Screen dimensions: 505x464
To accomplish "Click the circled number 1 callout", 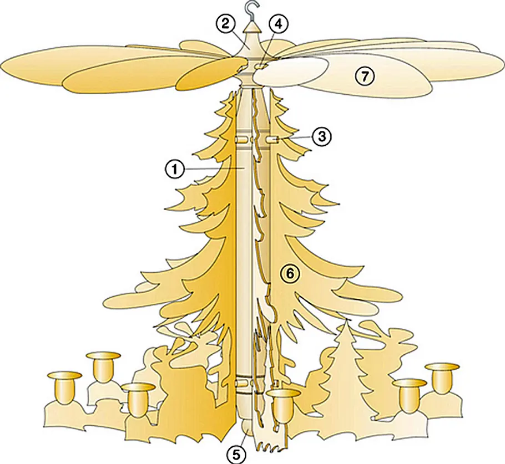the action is (175, 169).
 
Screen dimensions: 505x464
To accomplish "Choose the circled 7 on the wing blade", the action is (364, 77).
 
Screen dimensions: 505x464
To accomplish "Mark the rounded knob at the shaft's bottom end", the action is (246, 426).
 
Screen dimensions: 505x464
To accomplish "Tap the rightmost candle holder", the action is (442, 379).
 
